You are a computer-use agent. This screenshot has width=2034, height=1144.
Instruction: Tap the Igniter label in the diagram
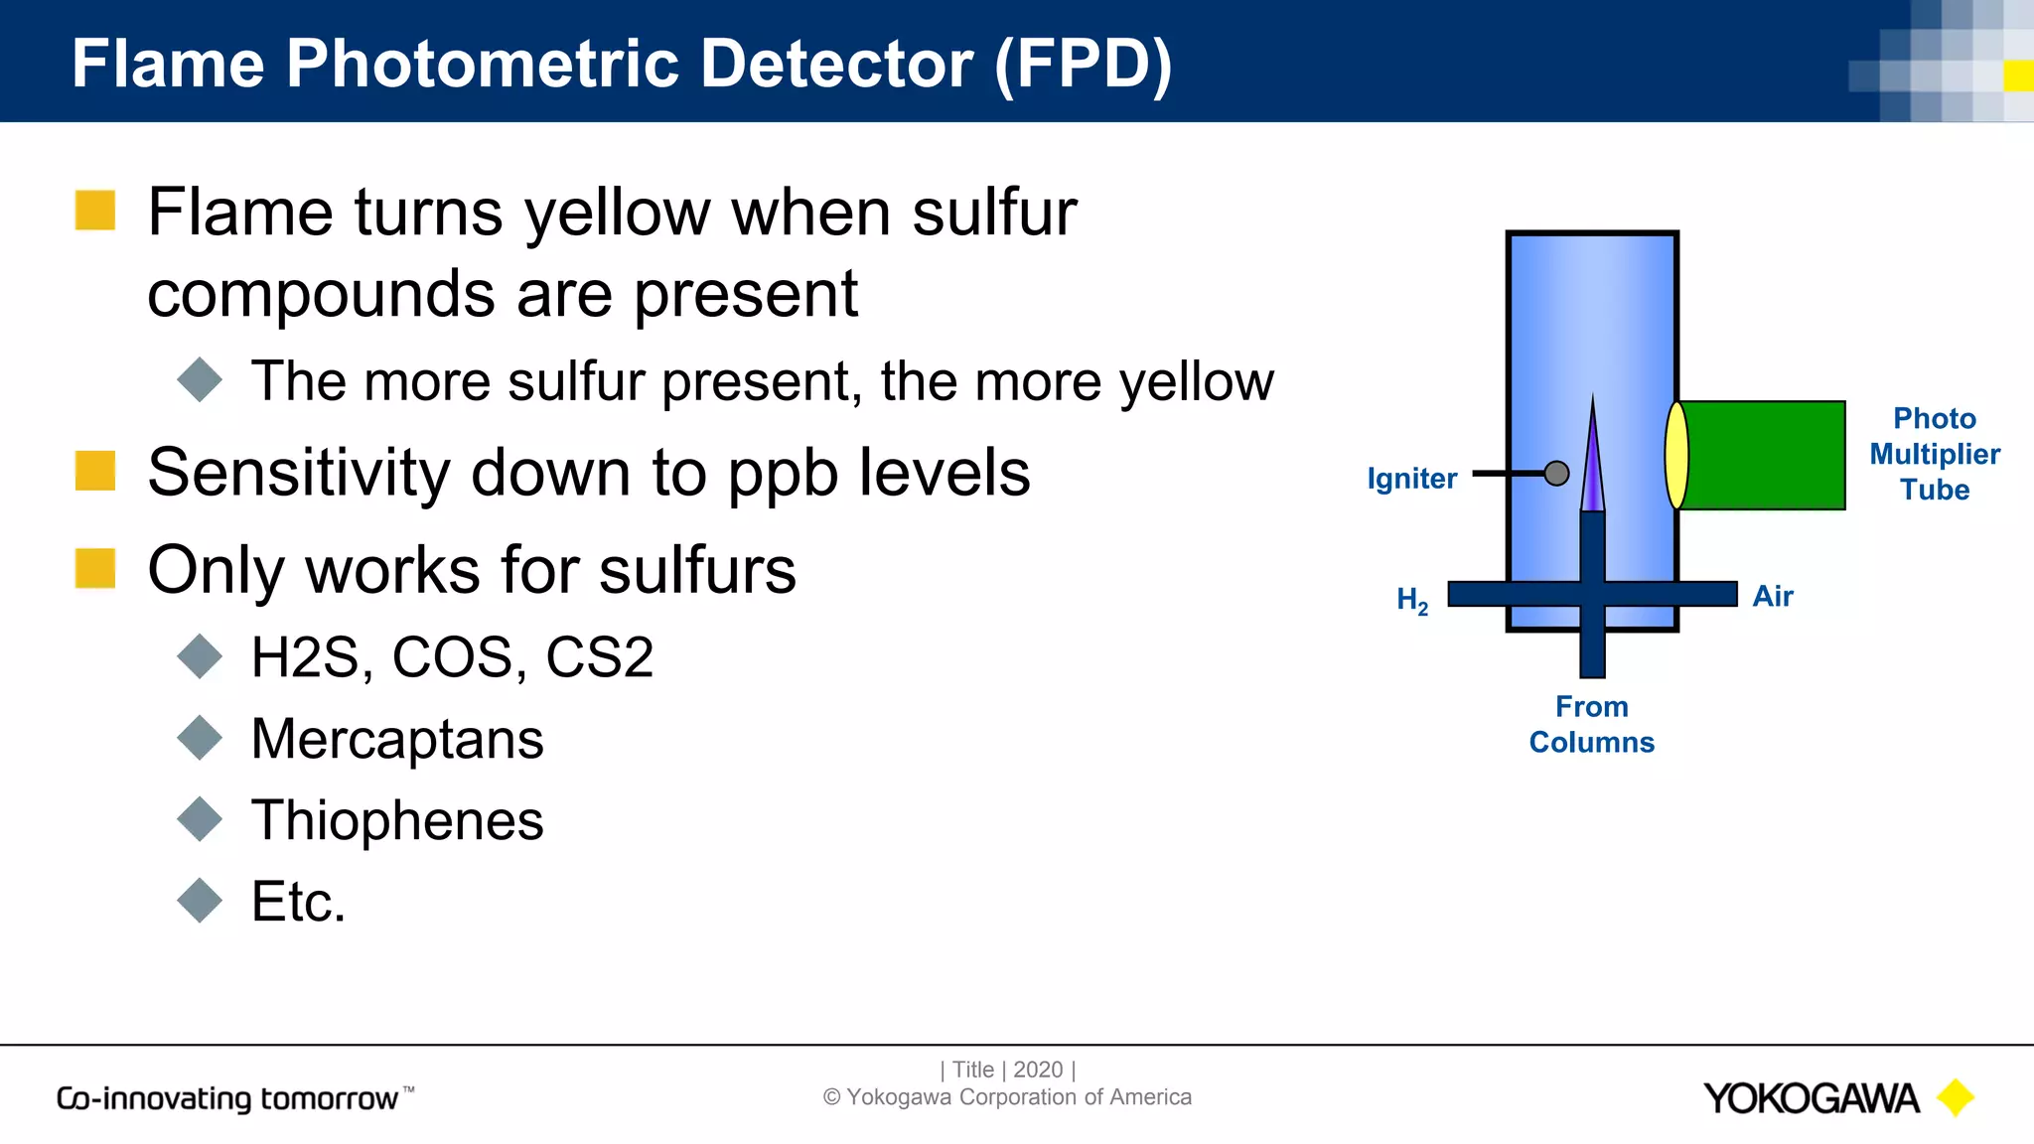tap(1411, 479)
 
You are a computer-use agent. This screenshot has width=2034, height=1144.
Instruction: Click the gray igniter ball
tap(1556, 474)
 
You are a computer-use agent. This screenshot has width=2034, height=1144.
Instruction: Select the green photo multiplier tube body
tap(1763, 456)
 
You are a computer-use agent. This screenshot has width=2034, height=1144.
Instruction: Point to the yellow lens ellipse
tap(1676, 456)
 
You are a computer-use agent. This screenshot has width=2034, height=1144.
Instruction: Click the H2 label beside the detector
tap(1411, 600)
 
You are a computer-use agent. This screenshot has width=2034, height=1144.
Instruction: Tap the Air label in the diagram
tap(1773, 596)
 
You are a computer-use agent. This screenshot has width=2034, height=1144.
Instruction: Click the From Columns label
tap(1591, 724)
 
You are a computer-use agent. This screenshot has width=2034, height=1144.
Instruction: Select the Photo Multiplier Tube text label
tap(1934, 454)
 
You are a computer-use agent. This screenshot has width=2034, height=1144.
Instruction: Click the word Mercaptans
tap(397, 739)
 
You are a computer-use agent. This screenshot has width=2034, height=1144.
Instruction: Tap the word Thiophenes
tap(397, 820)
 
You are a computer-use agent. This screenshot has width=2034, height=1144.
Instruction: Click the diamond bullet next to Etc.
tap(200, 901)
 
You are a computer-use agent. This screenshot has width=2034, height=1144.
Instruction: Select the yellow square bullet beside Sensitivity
tap(95, 471)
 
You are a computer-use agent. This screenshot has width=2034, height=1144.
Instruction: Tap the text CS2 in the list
tap(600, 657)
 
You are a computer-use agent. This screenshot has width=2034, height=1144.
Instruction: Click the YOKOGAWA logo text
tap(1811, 1098)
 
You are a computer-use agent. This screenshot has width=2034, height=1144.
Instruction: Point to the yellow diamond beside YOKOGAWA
tap(1956, 1097)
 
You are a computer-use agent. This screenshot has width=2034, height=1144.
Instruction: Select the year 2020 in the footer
tap(1038, 1070)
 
